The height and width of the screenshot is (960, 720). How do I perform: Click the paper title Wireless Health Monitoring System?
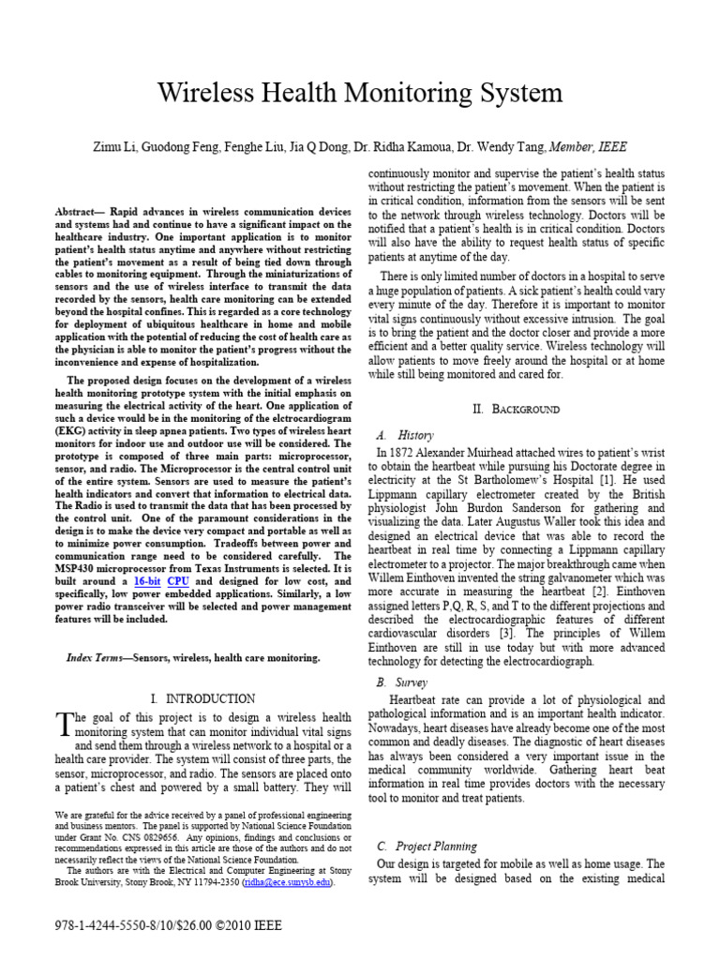(x=360, y=93)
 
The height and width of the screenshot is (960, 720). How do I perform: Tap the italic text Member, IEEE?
(x=588, y=147)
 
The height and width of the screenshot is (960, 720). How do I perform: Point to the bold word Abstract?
(x=81, y=213)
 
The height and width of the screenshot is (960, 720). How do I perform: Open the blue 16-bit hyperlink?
(x=147, y=582)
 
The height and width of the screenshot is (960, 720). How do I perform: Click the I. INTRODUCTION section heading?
(x=202, y=698)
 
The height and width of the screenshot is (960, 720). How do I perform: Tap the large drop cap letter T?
(x=64, y=723)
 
